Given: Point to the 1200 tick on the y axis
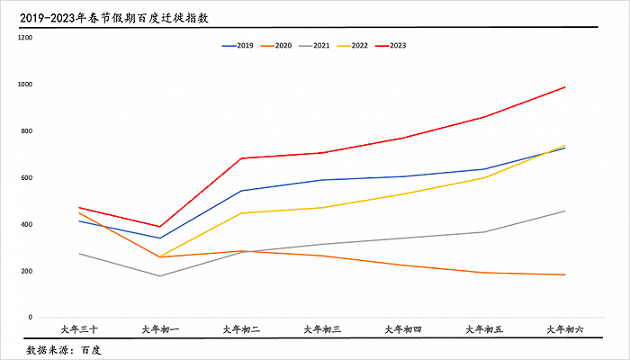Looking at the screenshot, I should (x=24, y=39).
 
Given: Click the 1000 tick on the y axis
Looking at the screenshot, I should (x=24, y=85).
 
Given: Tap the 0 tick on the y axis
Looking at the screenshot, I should (x=29, y=318).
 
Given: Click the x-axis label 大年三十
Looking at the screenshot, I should (x=79, y=330).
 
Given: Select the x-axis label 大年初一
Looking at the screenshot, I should (x=160, y=330).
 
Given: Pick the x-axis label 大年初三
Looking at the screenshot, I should (x=322, y=330).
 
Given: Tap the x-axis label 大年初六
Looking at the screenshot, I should (x=565, y=330).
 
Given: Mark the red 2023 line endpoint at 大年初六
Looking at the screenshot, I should (x=565, y=87).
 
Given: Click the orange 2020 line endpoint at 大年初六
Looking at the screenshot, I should (x=565, y=274).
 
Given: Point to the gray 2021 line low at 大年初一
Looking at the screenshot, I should (x=160, y=275).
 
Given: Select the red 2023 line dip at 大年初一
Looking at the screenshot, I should (x=160, y=227).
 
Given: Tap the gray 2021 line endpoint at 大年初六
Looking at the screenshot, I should (x=565, y=211).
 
